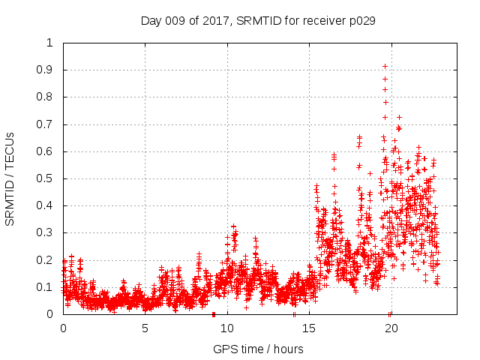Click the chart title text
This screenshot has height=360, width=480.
[258, 20]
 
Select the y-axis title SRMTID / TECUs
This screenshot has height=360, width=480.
[10, 178]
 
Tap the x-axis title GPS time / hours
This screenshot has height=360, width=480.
[258, 349]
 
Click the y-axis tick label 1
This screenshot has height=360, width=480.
[50, 43]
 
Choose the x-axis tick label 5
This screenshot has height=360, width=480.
[145, 328]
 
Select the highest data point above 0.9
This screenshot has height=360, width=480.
[385, 66]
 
